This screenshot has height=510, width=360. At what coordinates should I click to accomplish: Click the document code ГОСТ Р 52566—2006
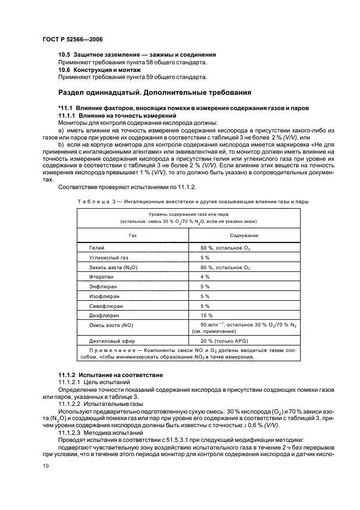pyautogui.click(x=72, y=40)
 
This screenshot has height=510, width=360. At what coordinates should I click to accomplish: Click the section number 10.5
pyautogui.click(x=65, y=55)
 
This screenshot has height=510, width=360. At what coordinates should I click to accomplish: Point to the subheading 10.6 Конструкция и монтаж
pyautogui.click(x=100, y=70)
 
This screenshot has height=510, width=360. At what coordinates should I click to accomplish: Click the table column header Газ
pyautogui.click(x=132, y=235)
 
